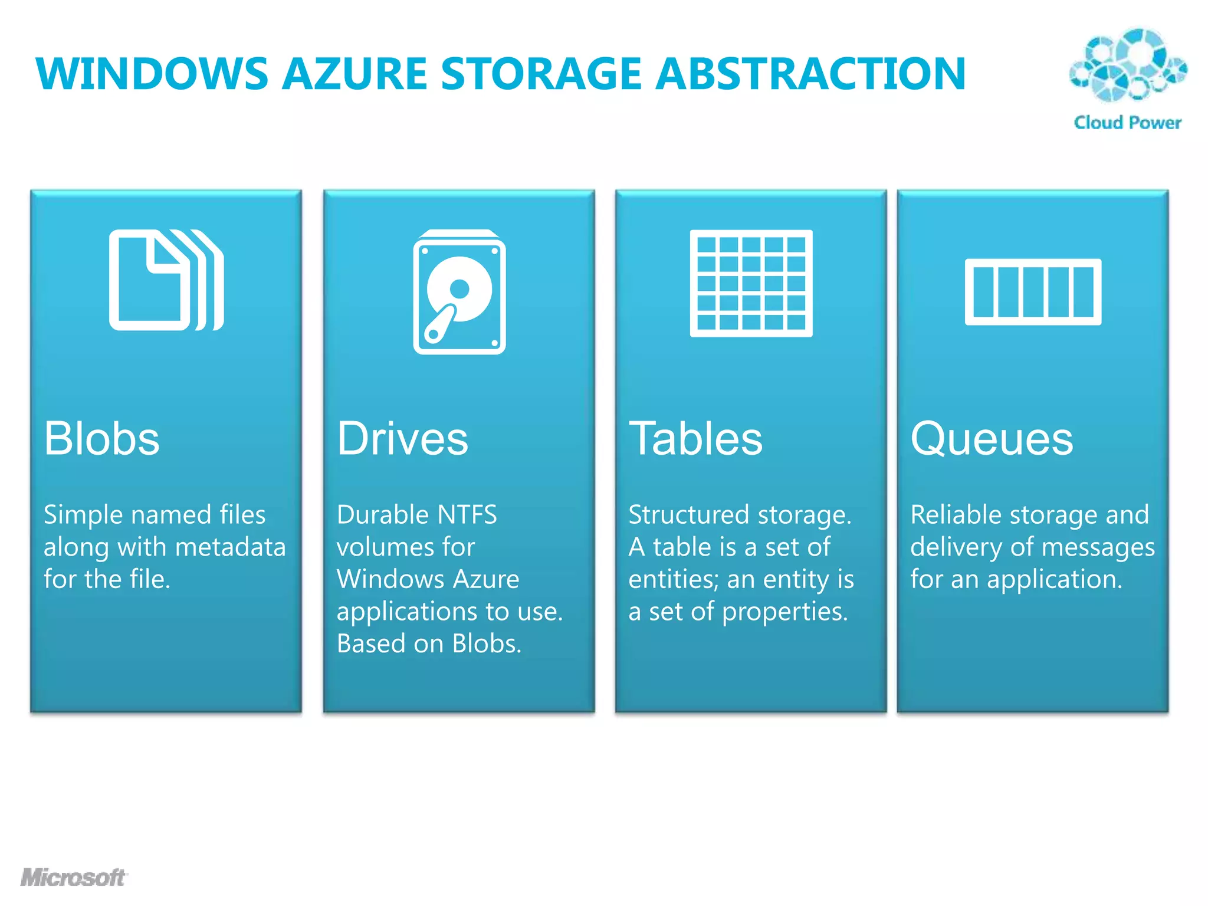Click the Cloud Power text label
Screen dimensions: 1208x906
coord(1127,123)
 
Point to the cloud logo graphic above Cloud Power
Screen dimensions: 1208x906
coord(1128,65)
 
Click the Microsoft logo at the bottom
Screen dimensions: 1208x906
coord(73,877)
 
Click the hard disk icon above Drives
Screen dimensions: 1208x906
coord(459,292)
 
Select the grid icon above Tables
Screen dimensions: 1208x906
coord(751,283)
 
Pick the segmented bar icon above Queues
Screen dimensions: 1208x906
coord(1033,292)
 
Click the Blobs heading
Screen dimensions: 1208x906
coord(101,439)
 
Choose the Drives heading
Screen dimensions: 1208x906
coord(402,439)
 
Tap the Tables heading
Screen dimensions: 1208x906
coord(695,439)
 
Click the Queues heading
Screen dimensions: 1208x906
coord(992,439)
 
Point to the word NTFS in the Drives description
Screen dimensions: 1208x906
coord(466,515)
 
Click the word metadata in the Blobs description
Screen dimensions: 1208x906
coord(230,547)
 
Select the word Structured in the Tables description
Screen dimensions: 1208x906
coord(688,515)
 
